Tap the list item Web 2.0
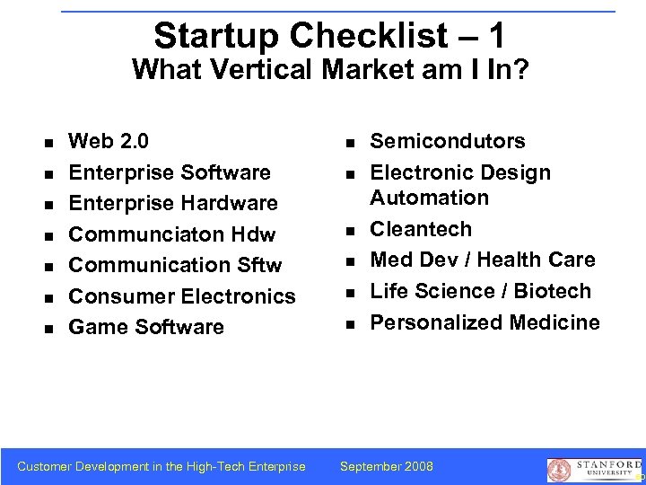109,141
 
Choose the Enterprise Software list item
170,172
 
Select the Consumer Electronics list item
182,296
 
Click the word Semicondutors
448,141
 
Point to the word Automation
430,198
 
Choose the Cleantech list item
421,229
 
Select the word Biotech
553,291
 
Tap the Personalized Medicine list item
484,322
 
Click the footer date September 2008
386,466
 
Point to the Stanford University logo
593,470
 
